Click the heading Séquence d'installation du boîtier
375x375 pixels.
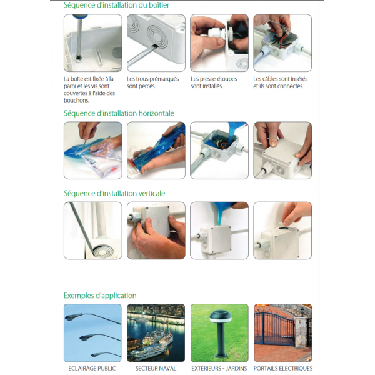coord(116,5)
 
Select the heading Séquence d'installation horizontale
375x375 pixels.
coord(119,113)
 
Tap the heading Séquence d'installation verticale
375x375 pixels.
coord(114,193)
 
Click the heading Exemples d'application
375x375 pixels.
coord(100,296)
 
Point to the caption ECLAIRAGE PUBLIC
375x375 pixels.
coord(92,369)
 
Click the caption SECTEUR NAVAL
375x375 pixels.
coord(156,369)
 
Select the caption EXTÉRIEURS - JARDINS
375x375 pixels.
coord(219,369)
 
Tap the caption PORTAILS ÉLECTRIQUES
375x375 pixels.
coord(283,369)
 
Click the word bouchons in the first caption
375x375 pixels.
coord(76,100)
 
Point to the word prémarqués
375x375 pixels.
coord(165,79)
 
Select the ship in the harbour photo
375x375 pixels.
coord(151,342)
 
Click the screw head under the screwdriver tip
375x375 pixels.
coord(78,57)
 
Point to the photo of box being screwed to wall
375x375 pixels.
coord(92,42)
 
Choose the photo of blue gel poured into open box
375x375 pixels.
coord(219,151)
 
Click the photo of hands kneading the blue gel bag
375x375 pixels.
coord(156,151)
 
